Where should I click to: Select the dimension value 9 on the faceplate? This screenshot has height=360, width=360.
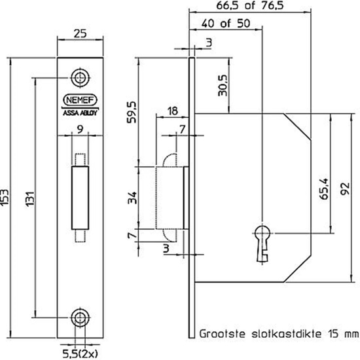coord(79,129)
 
